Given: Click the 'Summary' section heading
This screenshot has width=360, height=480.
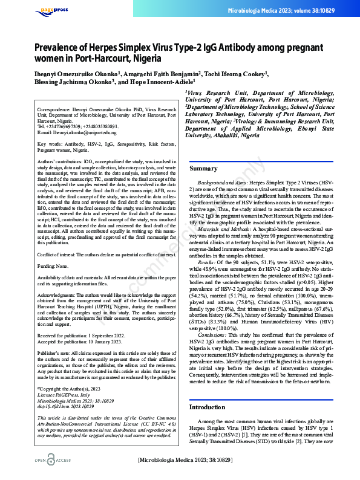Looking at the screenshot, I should click(x=203, y=169).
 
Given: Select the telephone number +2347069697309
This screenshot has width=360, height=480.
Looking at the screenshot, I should click(x=64, y=126).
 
